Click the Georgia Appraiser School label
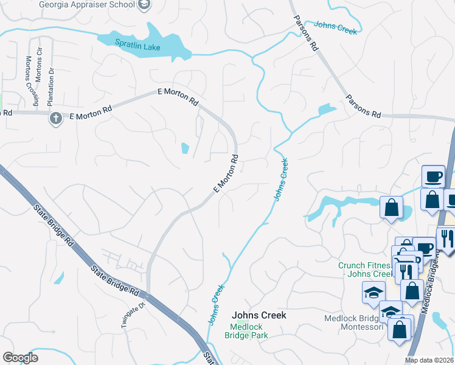[x=86, y=5]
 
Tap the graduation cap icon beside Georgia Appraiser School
[x=144, y=5]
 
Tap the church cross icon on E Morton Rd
[x=55, y=118]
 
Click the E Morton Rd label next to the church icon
[x=91, y=113]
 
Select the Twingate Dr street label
[x=133, y=315]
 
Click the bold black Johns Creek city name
[x=259, y=316]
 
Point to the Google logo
[x=20, y=357]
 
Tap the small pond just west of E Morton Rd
[x=185, y=148]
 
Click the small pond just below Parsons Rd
[x=326, y=110]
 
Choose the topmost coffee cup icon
[x=433, y=176]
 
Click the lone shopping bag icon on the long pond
[x=392, y=207]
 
